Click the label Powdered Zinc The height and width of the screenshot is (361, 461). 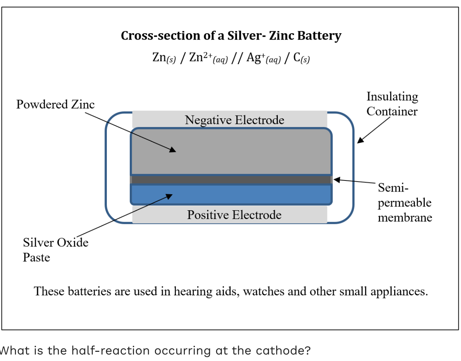pos(55,104)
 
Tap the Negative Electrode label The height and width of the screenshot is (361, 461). pos(234,120)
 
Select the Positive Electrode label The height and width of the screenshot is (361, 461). pos(234,215)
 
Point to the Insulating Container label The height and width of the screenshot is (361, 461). pos(392,104)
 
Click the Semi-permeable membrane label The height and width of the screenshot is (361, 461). pos(405,203)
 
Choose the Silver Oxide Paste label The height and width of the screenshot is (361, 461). pos(55,250)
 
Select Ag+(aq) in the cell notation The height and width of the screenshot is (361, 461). pos(264,58)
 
